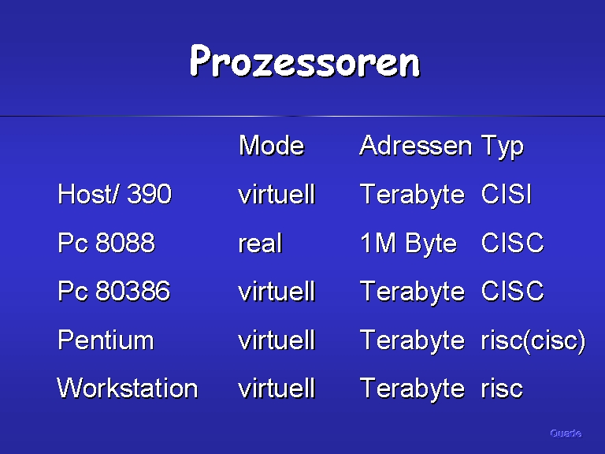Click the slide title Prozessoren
[305, 61]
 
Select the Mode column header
[272, 146]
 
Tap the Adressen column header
[416, 146]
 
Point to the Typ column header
[503, 147]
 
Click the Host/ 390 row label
[114, 193]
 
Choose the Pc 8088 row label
[106, 243]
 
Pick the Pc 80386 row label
[113, 291]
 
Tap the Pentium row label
[106, 340]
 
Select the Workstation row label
[128, 388]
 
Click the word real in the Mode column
[261, 244]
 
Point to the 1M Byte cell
[408, 244]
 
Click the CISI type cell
[507, 193]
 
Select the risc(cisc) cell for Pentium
[533, 340]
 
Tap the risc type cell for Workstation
[502, 389]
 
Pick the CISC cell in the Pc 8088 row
[512, 243]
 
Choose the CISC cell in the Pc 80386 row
[512, 291]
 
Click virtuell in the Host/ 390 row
[277, 193]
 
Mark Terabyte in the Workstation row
[413, 389]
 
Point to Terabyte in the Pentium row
[413, 340]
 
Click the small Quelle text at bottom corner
[566, 434]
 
